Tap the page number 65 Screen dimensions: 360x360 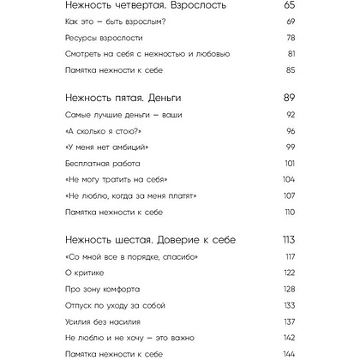[288, 5]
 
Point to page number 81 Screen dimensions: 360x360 [290, 53]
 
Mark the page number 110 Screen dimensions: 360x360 [289, 211]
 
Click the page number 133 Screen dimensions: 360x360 [288, 304]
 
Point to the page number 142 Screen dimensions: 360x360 [288, 337]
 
